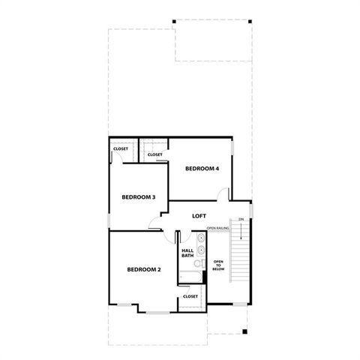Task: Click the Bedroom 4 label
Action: [x=202, y=169]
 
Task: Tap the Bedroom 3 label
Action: [x=139, y=197]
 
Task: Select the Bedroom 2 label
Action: [x=143, y=269]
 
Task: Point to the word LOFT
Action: [x=199, y=216]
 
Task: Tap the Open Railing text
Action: [x=217, y=227]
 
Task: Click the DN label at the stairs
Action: [x=241, y=219]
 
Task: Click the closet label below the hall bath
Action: [x=190, y=296]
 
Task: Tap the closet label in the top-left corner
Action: [x=121, y=148]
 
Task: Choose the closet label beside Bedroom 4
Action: [x=154, y=155]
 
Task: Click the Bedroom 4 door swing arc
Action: [x=223, y=194]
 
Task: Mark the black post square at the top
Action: [x=174, y=20]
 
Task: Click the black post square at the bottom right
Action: [x=244, y=331]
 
